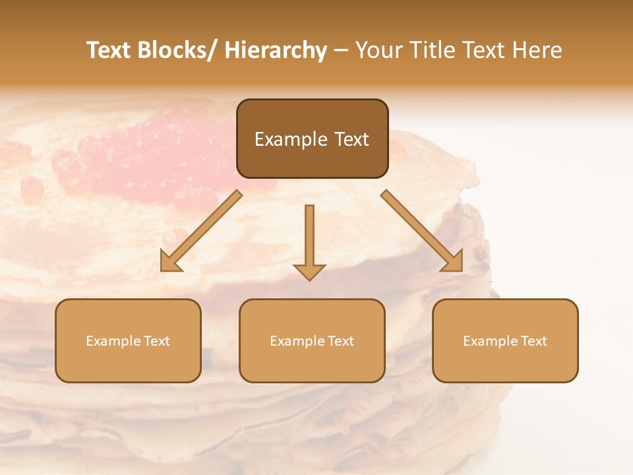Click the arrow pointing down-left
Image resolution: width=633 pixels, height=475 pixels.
tap(201, 231)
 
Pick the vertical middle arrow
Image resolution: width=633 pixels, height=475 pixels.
tap(309, 237)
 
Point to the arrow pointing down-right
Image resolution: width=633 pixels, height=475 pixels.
tap(422, 231)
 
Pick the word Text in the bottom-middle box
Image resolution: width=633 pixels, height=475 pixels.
tap(340, 341)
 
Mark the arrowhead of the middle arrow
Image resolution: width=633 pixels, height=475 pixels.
tap(309, 271)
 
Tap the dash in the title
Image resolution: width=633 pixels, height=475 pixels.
tap(341, 51)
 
